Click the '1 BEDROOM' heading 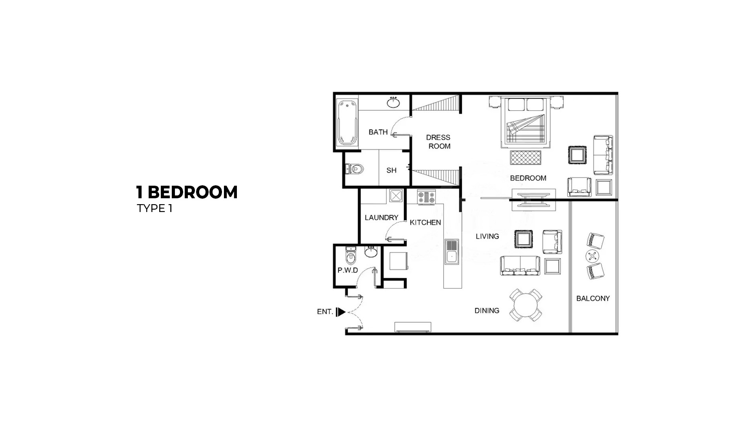(187, 192)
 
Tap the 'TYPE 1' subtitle (155, 208)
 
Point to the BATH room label (378, 132)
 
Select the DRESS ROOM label (438, 142)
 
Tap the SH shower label (391, 170)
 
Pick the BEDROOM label (528, 178)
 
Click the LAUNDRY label (381, 217)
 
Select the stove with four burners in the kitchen (426, 197)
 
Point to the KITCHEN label (425, 223)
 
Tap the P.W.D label (347, 270)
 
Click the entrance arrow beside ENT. (341, 312)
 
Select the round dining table (526, 306)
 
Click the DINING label (487, 311)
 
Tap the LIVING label (487, 236)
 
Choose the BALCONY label (593, 298)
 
